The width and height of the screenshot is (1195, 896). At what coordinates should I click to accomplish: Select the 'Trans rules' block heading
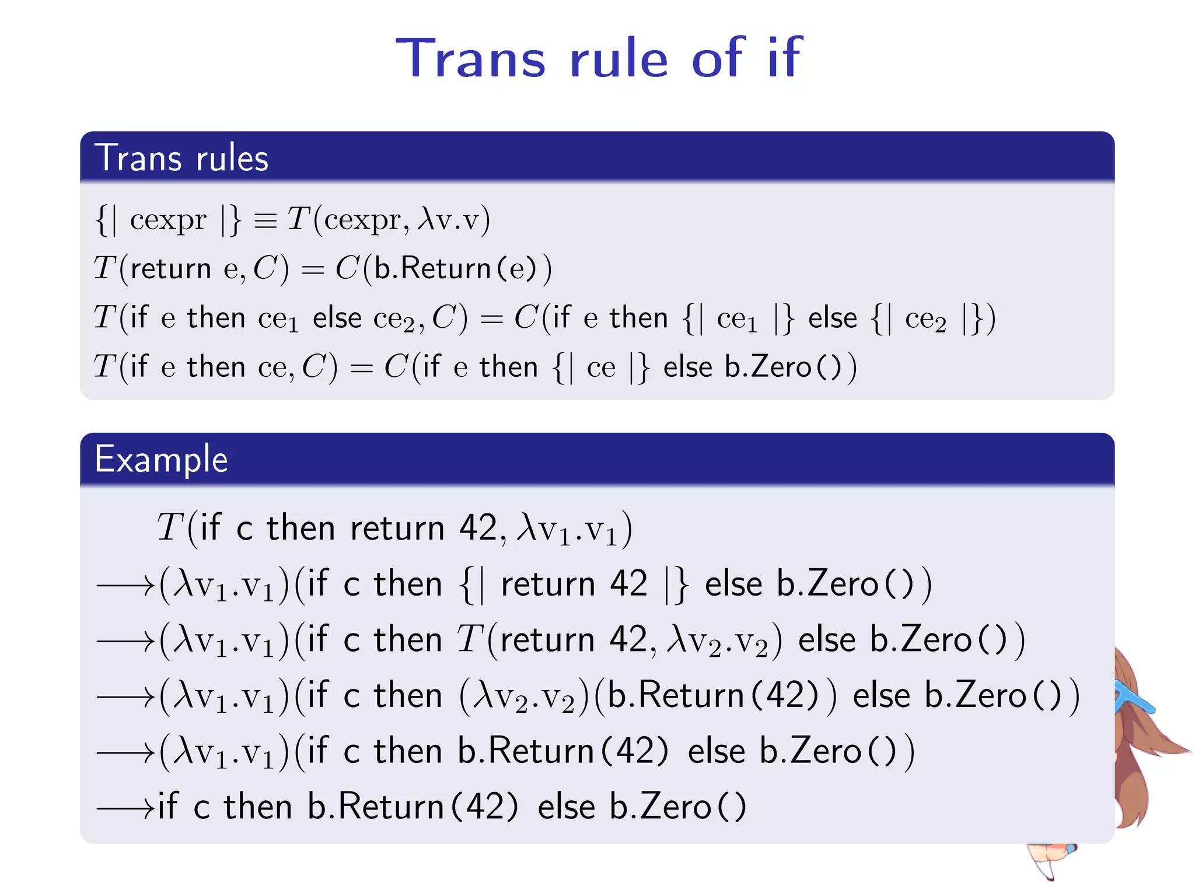point(181,158)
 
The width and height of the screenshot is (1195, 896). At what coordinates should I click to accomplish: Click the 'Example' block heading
point(161,459)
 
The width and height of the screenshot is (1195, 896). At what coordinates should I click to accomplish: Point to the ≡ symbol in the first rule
point(265,221)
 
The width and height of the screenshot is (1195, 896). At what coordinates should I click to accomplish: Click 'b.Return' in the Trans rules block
point(432,269)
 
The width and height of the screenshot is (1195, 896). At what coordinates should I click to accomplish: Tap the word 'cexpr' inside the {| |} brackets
point(168,220)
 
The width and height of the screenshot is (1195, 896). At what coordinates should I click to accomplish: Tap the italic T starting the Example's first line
point(170,528)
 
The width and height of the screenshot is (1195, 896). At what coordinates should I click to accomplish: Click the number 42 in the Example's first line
point(478,528)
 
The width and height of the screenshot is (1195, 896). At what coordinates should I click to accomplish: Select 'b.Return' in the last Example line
point(376,807)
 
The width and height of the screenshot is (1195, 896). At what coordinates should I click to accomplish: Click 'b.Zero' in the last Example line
point(660,807)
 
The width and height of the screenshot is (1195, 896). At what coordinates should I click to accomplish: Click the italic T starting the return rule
point(105,269)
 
